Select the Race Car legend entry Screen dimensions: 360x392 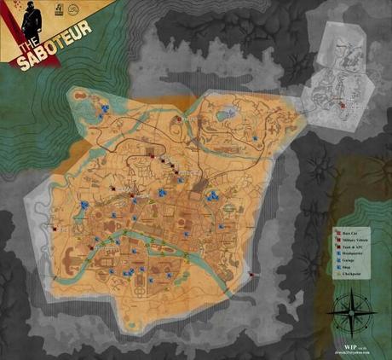352,231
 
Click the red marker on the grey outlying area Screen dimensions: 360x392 342,104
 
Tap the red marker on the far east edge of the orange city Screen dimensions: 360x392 251,273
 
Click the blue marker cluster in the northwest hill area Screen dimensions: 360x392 101,110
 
